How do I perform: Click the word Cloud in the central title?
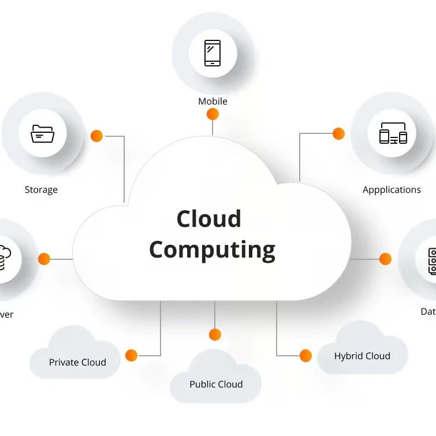click(208, 219)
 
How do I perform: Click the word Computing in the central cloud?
click(212, 250)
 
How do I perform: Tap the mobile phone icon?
click(213, 53)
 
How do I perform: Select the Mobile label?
click(213, 101)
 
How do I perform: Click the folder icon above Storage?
click(42, 134)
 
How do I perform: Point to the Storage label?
click(41, 189)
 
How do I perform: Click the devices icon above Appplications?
click(393, 133)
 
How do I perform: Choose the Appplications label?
click(392, 189)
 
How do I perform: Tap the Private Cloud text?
click(77, 362)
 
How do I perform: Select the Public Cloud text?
click(216, 384)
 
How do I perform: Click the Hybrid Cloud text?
click(362, 356)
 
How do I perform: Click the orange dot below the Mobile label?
click(213, 114)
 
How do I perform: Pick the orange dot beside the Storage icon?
click(96, 136)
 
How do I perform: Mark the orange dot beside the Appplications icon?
click(338, 133)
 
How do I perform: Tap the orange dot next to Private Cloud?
click(131, 355)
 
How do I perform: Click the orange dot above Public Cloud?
click(215, 334)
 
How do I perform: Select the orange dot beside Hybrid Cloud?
click(305, 355)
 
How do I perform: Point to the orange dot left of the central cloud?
click(44, 259)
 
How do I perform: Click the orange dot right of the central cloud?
click(385, 259)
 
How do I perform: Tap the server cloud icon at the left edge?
click(5, 258)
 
